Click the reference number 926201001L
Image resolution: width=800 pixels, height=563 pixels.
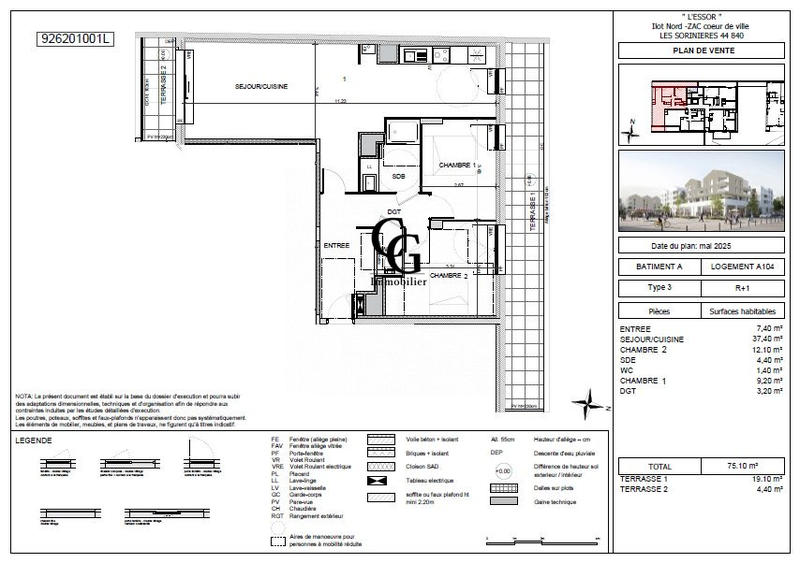(x=75, y=39)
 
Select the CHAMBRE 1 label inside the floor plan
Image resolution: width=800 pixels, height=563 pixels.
(x=458, y=165)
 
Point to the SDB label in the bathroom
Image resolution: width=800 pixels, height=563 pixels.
(x=398, y=177)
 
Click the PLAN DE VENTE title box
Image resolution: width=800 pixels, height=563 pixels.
(x=701, y=50)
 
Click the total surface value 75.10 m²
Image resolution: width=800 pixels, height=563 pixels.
(x=742, y=466)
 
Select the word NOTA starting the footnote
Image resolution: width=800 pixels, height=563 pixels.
(x=24, y=397)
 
